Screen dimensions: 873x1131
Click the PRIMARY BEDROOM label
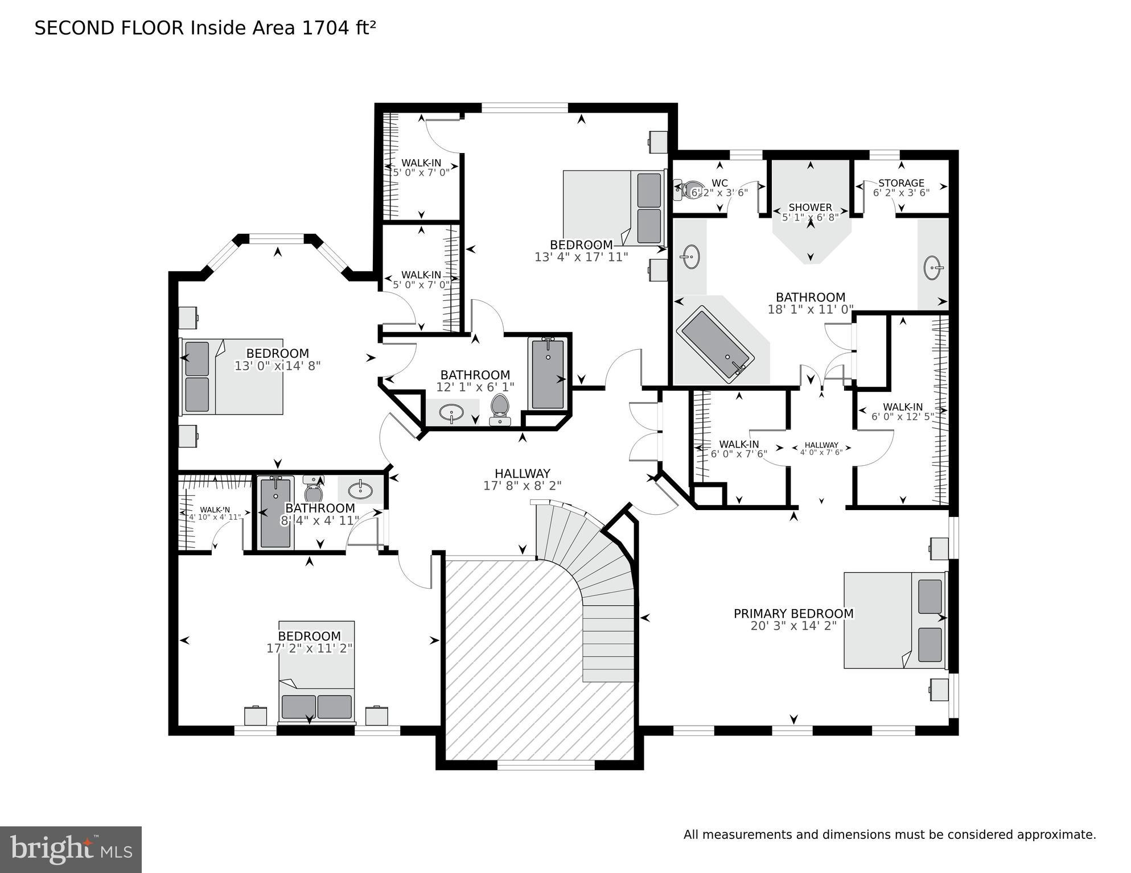(793, 614)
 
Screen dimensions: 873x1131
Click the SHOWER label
(810, 208)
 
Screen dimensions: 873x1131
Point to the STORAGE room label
(901, 183)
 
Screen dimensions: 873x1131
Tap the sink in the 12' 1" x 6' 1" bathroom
(452, 412)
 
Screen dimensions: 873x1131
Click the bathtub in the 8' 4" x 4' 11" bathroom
(275, 512)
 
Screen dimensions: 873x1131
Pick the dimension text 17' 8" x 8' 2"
(522, 486)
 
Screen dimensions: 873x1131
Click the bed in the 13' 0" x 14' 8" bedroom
(232, 376)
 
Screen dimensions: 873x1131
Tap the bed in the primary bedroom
(894, 620)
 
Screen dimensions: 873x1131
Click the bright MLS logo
(71, 849)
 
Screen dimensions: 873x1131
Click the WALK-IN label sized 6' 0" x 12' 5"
(903, 407)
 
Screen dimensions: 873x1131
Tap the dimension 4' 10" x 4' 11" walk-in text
(215, 517)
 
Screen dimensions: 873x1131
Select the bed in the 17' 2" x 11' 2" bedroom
(316, 671)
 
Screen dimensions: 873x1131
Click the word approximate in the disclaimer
(1056, 835)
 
